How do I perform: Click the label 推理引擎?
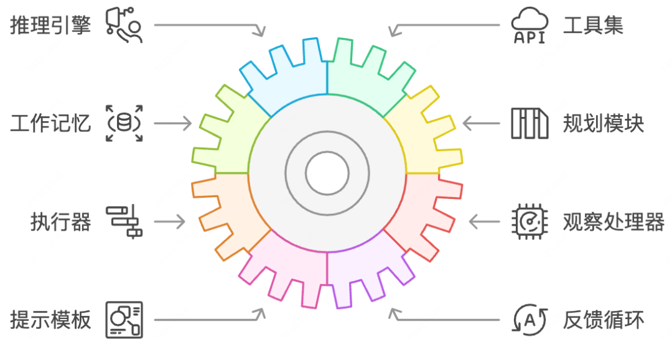point(50,25)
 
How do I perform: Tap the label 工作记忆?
point(50,123)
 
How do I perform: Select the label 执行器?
point(60,221)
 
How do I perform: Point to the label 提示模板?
point(50,320)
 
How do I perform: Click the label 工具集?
point(592,25)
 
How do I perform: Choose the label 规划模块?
point(603,123)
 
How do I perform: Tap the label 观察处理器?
point(613,221)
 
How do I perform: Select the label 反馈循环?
point(603,320)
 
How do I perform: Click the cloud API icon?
point(529,26)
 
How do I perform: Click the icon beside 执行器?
point(124,221)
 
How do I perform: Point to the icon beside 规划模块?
point(529,123)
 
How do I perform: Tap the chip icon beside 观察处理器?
point(529,221)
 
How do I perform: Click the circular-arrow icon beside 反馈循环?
point(529,320)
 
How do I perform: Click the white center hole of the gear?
point(327,172)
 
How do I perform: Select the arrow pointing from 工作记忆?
point(173,123)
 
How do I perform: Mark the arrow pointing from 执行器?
point(170,221)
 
